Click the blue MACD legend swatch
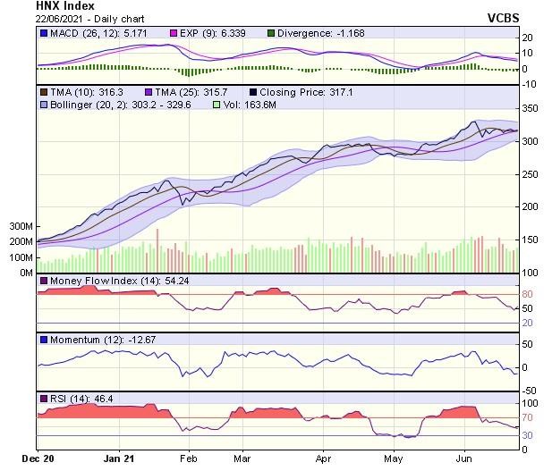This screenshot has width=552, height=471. click(x=44, y=34)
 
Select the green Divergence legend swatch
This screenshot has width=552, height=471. click(x=271, y=34)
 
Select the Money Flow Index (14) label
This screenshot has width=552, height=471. click(x=106, y=282)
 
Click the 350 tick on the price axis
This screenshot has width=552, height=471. click(x=531, y=109)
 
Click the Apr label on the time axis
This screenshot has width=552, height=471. click(x=324, y=459)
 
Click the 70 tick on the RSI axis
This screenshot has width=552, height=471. click(x=528, y=417)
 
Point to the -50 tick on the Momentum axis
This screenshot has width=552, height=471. click(x=529, y=391)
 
